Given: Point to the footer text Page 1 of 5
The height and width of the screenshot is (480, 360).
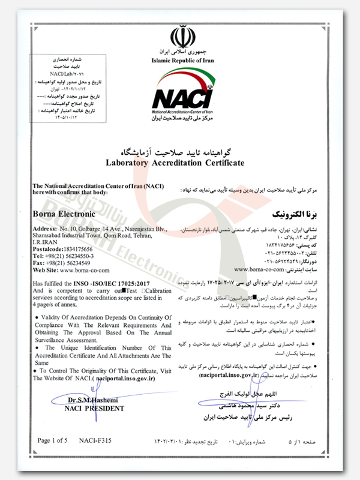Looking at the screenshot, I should pyautogui.click(x=52, y=440).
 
